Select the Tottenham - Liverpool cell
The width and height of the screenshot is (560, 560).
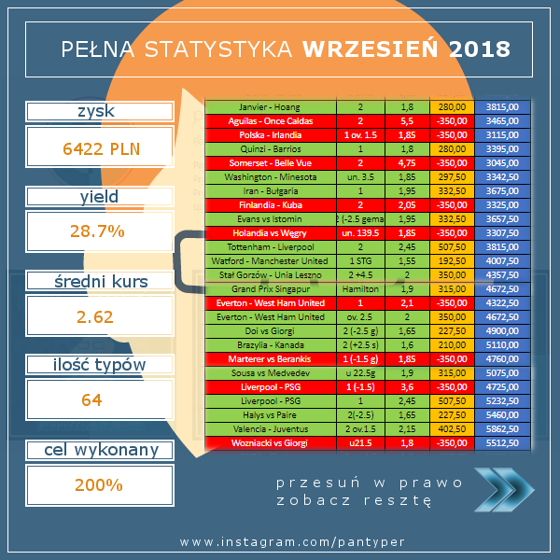point(270,247)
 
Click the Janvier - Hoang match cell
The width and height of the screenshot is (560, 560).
point(270,107)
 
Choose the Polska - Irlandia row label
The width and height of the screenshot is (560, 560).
point(270,135)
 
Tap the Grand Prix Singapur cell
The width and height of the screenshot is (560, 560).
point(270,289)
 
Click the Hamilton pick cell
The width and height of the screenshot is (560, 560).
point(359,289)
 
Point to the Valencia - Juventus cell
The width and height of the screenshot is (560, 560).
point(270,429)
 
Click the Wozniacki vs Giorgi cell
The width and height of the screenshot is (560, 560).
point(270,443)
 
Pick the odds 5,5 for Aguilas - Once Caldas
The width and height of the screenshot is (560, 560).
point(407,121)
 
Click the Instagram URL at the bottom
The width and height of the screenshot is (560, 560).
point(279,541)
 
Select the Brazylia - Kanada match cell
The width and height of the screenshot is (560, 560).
point(270,345)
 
